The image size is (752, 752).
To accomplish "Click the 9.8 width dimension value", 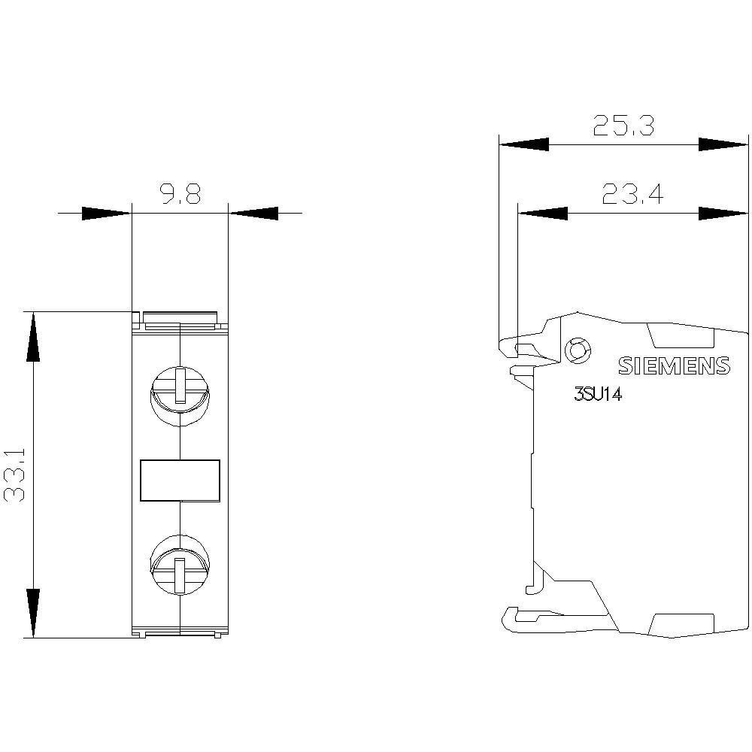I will point(180,196).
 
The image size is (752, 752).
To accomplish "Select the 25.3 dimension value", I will point(623,126).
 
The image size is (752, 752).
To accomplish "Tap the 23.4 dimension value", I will point(632,196).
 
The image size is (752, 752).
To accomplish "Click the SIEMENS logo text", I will point(674,365).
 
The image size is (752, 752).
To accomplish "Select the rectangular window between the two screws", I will point(180,481).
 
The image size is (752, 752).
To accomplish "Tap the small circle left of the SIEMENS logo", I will point(577,350).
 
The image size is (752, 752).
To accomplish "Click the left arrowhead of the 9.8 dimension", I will point(105,214).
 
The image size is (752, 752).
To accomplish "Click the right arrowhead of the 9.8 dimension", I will point(253,214).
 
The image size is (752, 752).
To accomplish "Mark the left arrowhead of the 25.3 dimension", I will point(524,144).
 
